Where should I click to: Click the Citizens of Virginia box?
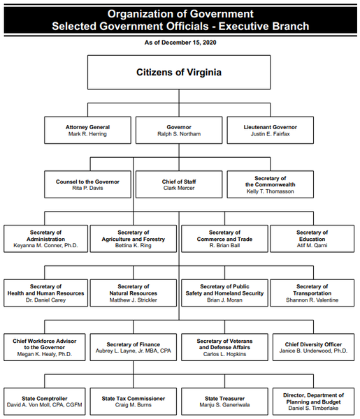tap(179, 72)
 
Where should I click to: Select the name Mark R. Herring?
tap(87, 134)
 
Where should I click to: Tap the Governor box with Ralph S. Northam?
tap(179, 130)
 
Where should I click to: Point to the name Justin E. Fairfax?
tap(270, 134)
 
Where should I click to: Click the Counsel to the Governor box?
tap(87, 184)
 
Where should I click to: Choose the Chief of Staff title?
tap(179, 182)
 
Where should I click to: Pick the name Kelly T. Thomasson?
tap(270, 191)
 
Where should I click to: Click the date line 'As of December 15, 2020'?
tap(180, 43)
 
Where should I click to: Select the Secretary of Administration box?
tap(45, 239)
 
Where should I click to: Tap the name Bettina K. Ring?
tap(134, 245)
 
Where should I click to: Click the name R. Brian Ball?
tap(224, 245)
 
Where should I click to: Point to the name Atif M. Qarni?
tap(312, 245)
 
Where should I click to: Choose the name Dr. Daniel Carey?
tap(45, 300)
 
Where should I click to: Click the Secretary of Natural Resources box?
tap(134, 293)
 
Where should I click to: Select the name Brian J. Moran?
tap(224, 300)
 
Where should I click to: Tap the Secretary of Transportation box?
tap(312, 293)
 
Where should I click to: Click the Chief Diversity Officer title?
tap(313, 344)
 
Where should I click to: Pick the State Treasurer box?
tap(224, 402)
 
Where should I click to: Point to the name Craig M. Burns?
tap(134, 405)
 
